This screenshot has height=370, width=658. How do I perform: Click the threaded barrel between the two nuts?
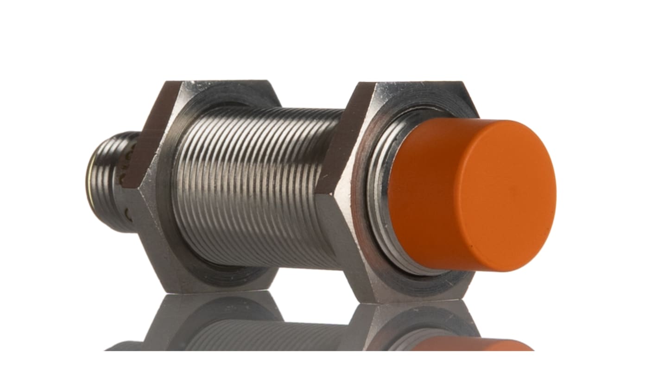[x=259, y=185]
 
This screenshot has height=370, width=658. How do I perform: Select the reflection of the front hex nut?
[x=408, y=325]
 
